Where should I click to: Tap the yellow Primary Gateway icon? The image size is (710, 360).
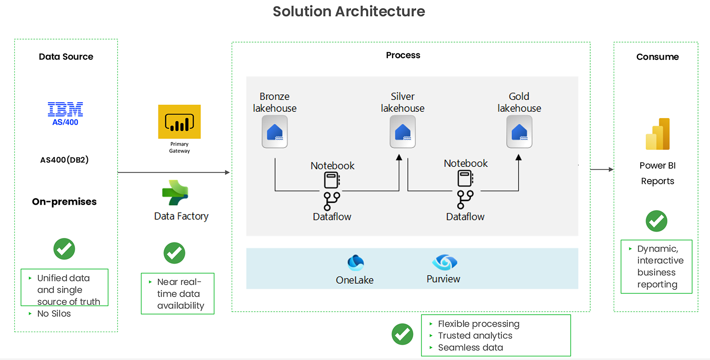tap(179, 122)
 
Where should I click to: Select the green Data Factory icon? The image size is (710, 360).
tap(175, 193)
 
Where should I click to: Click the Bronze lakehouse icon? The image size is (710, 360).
tap(275, 132)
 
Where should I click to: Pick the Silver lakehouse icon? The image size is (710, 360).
tap(402, 132)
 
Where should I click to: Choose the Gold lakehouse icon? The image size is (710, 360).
tap(519, 132)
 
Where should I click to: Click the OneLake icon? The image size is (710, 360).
tap(355, 262)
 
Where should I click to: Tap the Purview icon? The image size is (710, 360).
tap(444, 262)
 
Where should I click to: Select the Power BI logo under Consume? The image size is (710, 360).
tap(658, 134)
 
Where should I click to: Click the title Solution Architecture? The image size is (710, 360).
tap(349, 11)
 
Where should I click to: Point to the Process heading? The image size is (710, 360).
tap(403, 55)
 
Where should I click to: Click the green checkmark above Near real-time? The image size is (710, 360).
tap(174, 253)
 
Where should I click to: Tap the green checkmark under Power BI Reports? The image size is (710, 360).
tap(656, 221)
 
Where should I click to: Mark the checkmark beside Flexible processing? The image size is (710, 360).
tap(402, 334)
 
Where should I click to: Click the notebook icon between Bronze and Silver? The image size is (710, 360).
tap(332, 180)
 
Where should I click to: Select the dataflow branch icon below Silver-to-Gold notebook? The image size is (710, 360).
tap(465, 199)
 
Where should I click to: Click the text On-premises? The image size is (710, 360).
tap(64, 202)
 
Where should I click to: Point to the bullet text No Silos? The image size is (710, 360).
tap(54, 313)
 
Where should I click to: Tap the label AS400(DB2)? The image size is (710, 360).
tap(64, 160)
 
